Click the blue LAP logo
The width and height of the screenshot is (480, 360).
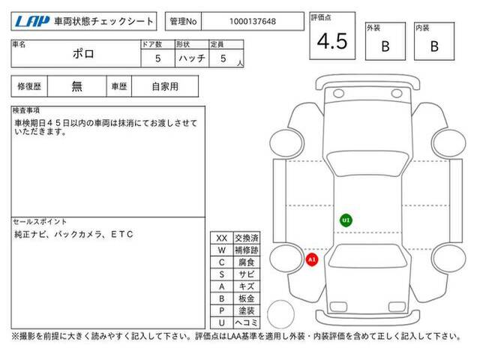pos(32,21)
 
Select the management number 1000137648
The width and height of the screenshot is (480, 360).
pos(253,22)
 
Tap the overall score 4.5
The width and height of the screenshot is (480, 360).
pos(332,41)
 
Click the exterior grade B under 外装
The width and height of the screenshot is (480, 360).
pos(385,46)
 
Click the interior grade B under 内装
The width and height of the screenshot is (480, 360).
pos(434,46)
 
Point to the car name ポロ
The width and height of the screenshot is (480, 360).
pos(83,54)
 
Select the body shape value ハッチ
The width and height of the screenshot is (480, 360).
pos(192,58)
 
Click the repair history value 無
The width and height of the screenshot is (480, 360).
pos(76,86)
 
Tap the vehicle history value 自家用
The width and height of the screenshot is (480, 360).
pos(165,87)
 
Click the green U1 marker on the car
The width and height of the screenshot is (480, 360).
pos(346,220)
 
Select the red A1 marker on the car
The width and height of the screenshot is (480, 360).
pos(312,259)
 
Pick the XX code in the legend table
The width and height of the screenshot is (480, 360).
pos(222,238)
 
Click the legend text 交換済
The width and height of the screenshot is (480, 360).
pos(247,238)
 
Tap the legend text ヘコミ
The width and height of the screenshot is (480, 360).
pos(247,322)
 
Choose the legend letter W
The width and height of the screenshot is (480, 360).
pos(222,250)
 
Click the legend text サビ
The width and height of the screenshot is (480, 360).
pos(247,274)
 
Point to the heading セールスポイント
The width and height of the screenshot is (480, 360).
pos(40,221)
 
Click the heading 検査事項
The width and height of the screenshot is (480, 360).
pos(26,110)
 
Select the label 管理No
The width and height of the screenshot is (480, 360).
pos(183,22)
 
